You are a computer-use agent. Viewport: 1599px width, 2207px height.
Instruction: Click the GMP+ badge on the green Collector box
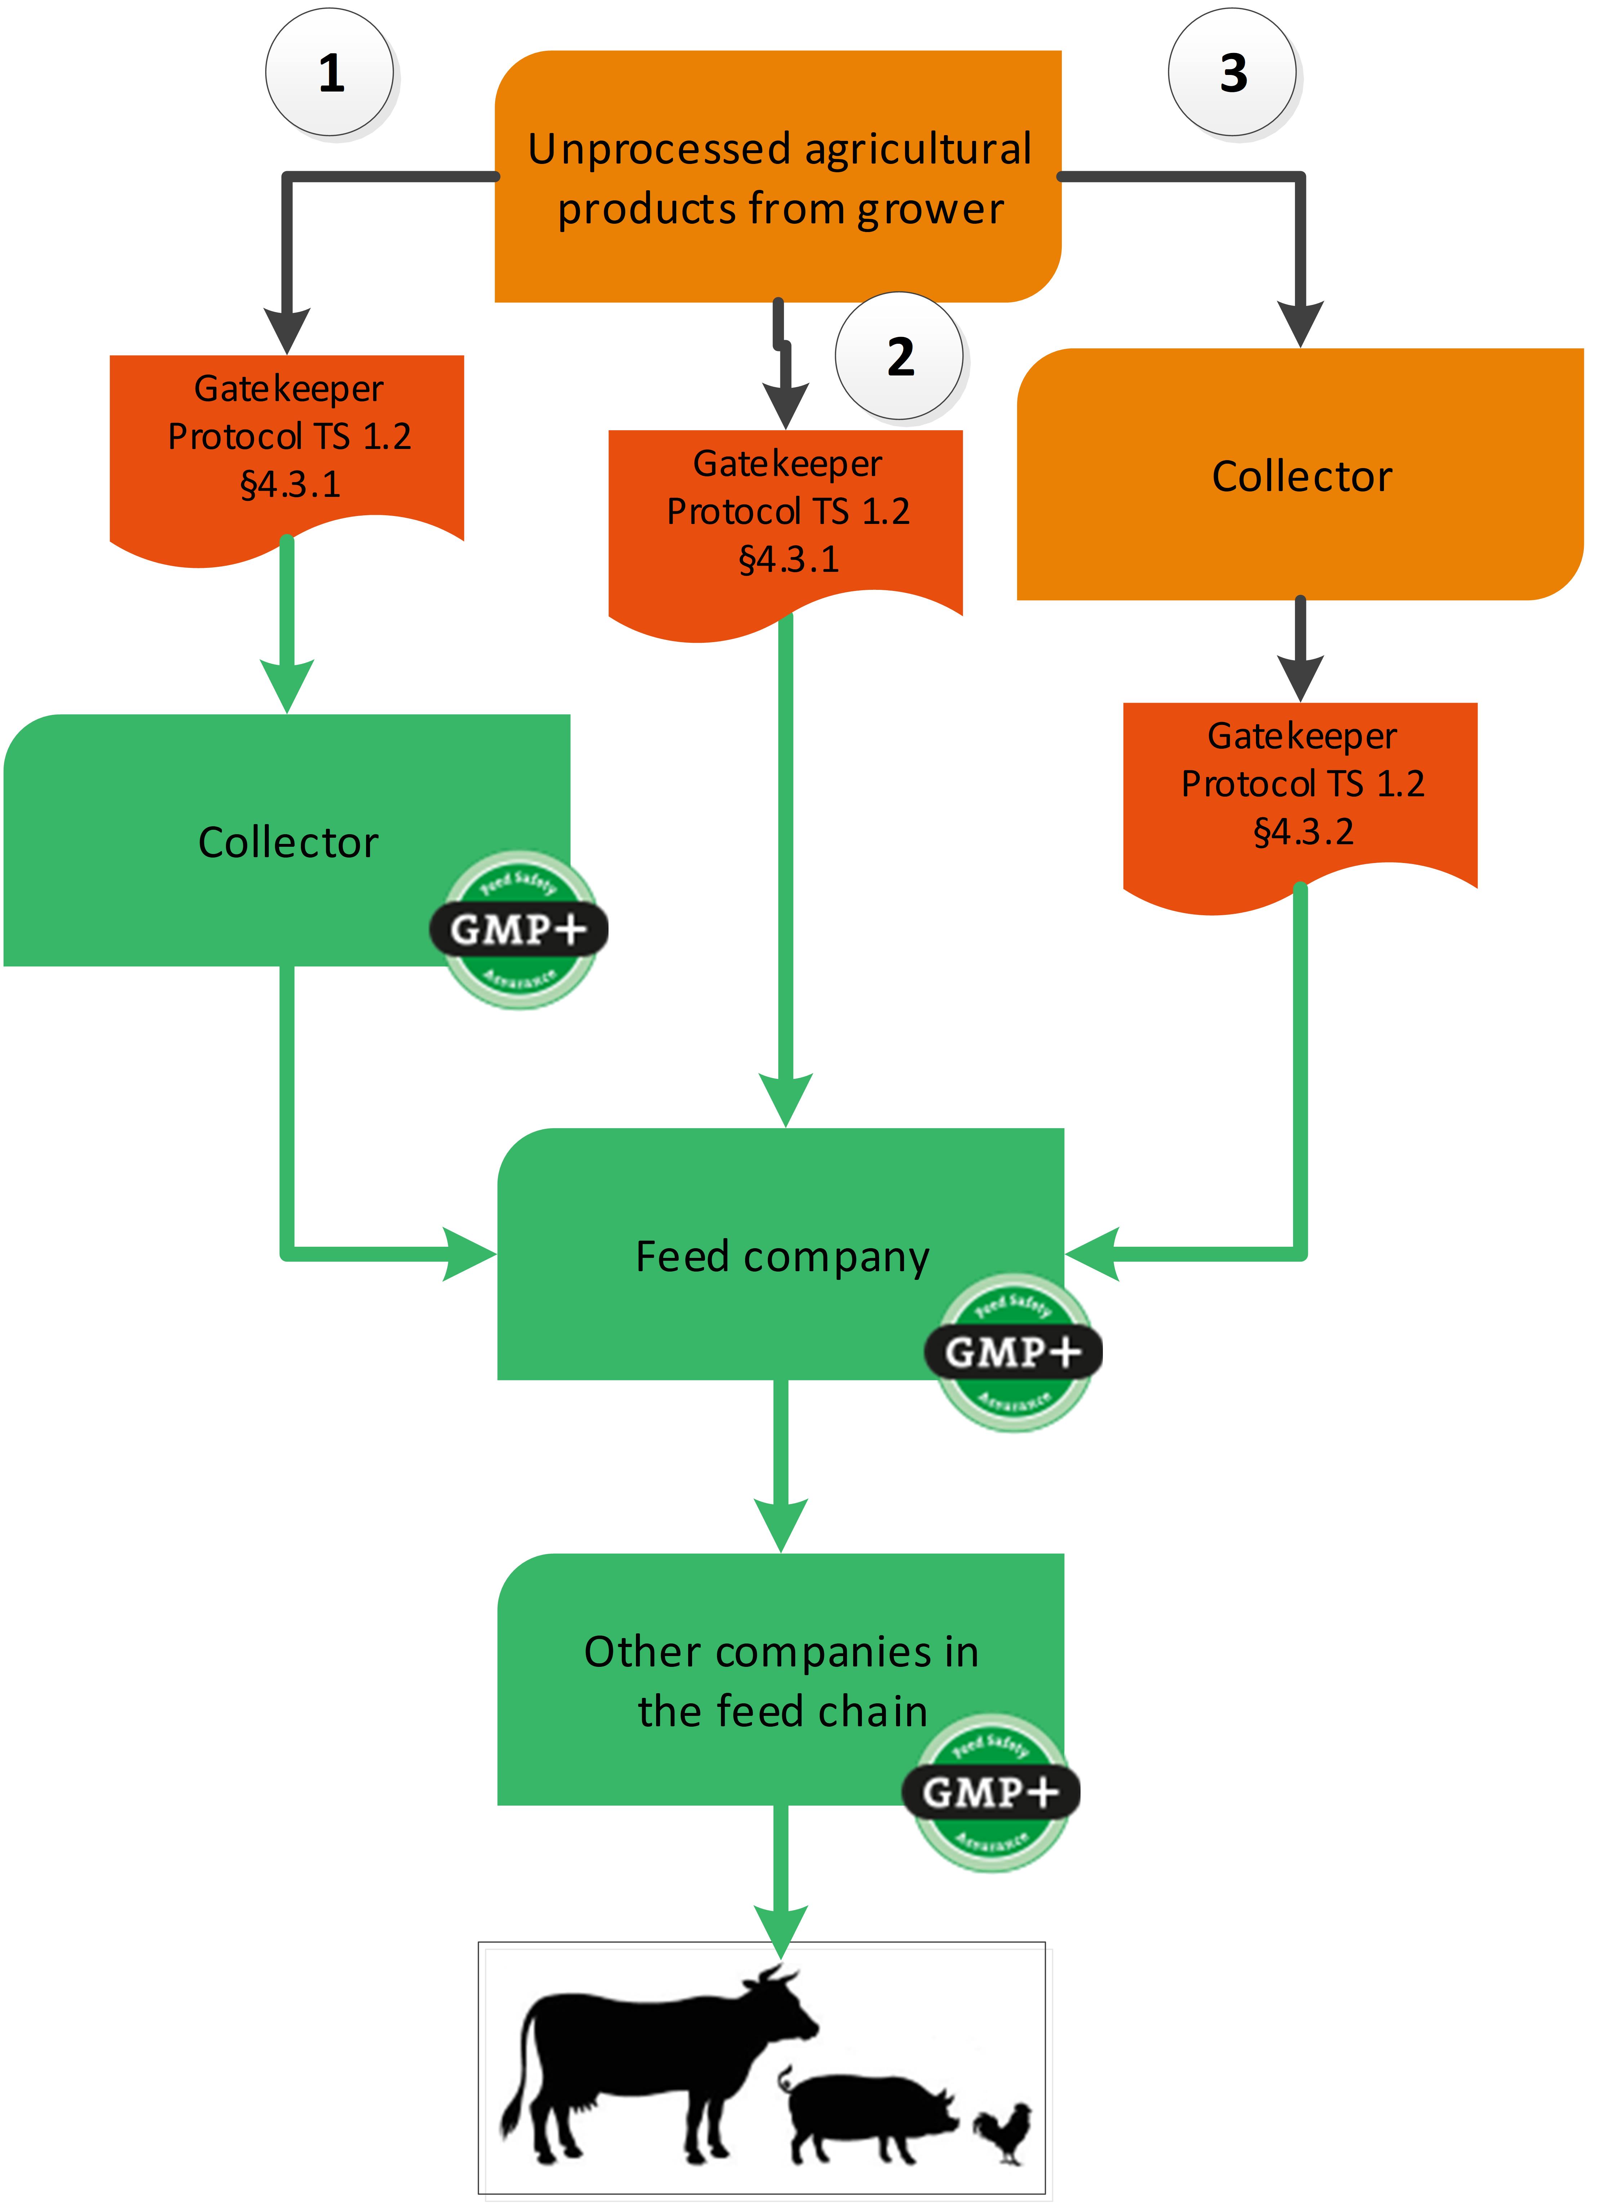point(519,929)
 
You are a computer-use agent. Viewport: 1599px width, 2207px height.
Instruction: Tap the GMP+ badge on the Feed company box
point(1013,1352)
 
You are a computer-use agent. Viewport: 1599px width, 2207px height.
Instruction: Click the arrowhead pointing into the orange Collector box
point(1300,324)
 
